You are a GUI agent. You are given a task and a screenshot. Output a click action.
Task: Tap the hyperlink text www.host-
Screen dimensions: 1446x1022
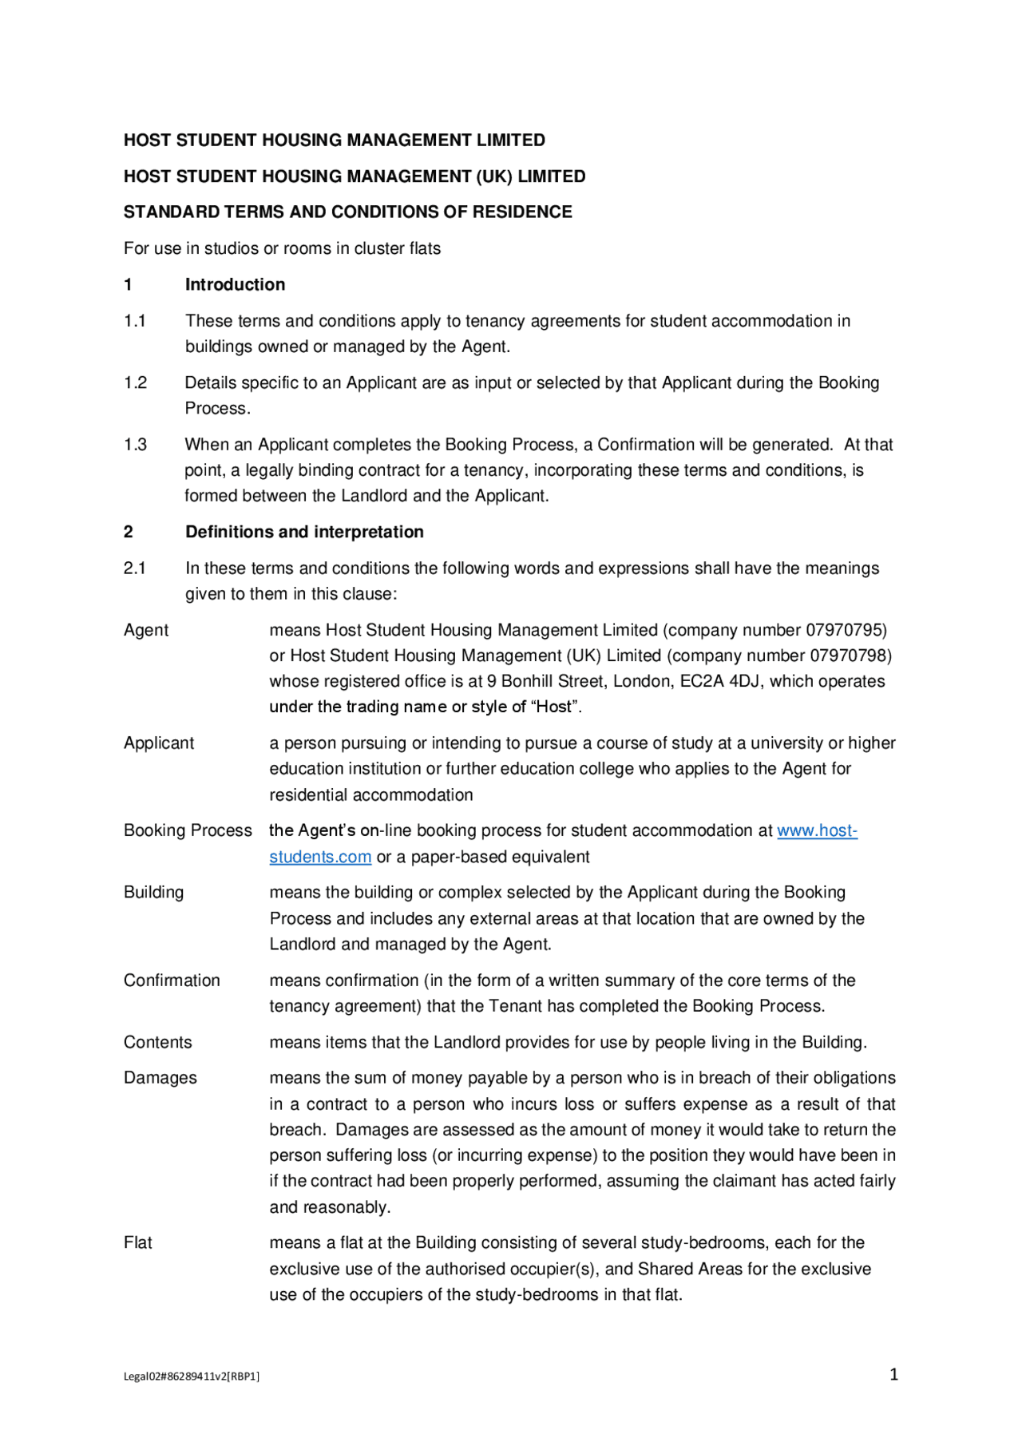(x=817, y=830)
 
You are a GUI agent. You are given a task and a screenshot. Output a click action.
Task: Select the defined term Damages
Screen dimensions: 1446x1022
(x=160, y=1078)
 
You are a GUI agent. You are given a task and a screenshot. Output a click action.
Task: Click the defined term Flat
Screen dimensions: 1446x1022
(x=137, y=1242)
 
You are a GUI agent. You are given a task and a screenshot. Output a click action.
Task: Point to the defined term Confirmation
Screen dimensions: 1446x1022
(x=172, y=981)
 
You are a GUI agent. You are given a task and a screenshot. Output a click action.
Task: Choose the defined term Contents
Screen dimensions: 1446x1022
(x=157, y=1042)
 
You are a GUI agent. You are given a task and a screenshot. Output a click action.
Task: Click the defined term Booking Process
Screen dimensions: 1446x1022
(x=188, y=830)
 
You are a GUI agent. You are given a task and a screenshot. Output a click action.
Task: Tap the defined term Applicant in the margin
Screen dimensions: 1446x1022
(x=158, y=743)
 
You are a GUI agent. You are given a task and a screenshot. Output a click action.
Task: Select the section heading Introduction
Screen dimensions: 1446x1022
(x=235, y=284)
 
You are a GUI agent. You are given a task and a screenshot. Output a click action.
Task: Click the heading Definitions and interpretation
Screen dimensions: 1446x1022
(x=304, y=532)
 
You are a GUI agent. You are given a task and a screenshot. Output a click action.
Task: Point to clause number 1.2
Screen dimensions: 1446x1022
(x=135, y=382)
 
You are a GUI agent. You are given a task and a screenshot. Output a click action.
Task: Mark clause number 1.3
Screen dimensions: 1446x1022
(x=135, y=445)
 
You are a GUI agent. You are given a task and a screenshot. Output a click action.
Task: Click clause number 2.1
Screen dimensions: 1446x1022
(x=134, y=568)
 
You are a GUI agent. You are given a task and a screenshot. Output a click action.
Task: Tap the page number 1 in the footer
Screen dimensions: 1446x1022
(x=893, y=1374)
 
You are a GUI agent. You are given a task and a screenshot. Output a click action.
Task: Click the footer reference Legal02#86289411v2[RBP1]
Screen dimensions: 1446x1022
(x=191, y=1376)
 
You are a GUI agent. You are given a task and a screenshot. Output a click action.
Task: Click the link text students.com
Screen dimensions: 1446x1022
(x=320, y=857)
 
